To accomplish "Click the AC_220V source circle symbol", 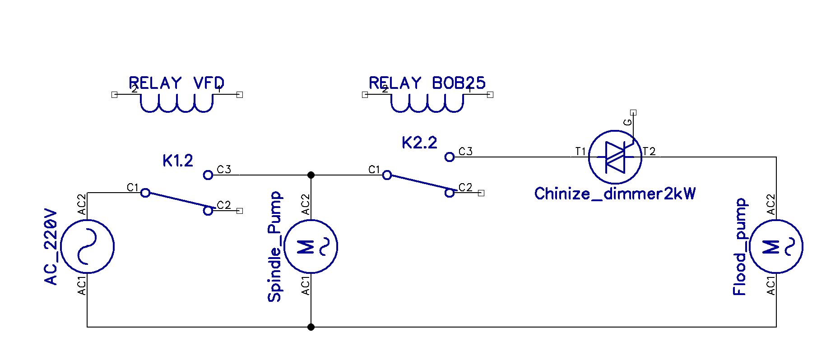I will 87,246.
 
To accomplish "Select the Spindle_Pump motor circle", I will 311,246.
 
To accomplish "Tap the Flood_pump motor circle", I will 776,246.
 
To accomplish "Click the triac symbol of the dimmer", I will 615,157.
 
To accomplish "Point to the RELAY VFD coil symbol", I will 176,103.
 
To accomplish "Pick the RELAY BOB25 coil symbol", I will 427,103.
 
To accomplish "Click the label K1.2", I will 178,161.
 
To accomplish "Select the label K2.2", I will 419,143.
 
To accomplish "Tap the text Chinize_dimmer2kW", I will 615,194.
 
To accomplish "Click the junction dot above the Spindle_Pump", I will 311,175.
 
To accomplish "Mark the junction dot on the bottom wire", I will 311,327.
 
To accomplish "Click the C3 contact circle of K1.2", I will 208,175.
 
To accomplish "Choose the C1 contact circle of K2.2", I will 387,175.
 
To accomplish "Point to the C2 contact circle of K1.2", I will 208,211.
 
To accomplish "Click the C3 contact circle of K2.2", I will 449,157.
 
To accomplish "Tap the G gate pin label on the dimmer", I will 627,122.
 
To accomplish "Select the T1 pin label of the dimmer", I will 580,152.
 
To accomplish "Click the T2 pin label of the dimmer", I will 649,152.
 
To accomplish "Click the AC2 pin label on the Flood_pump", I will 771,205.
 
